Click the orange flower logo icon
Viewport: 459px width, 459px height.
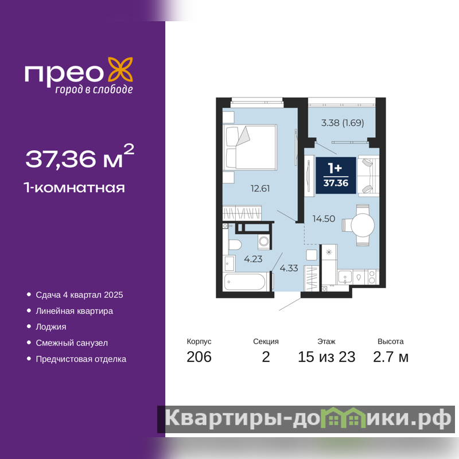click(x=120, y=69)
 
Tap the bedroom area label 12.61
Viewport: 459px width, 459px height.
click(x=260, y=188)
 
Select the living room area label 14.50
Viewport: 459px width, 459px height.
click(x=324, y=219)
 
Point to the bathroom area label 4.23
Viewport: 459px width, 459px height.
click(x=253, y=259)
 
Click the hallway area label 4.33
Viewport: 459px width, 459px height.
click(x=289, y=268)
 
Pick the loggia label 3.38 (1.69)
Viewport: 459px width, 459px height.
click(x=343, y=123)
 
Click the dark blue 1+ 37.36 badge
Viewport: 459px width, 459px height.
click(x=336, y=176)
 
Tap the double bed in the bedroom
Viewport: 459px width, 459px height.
click(x=250, y=147)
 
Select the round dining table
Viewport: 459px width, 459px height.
click(x=363, y=225)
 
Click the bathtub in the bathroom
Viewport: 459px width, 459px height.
click(x=246, y=282)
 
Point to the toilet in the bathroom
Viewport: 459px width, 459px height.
click(x=235, y=245)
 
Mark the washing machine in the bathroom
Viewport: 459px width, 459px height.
click(x=264, y=242)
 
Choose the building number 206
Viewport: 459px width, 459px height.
click(x=199, y=357)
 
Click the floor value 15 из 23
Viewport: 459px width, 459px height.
click(x=326, y=357)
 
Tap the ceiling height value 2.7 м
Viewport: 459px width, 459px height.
click(x=391, y=357)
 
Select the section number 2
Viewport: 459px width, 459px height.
click(x=266, y=357)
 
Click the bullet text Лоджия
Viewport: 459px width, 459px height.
click(x=51, y=327)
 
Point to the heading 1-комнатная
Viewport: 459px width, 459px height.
click(x=75, y=188)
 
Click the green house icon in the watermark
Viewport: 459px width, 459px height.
click(x=342, y=418)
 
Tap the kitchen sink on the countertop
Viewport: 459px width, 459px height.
click(x=345, y=277)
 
